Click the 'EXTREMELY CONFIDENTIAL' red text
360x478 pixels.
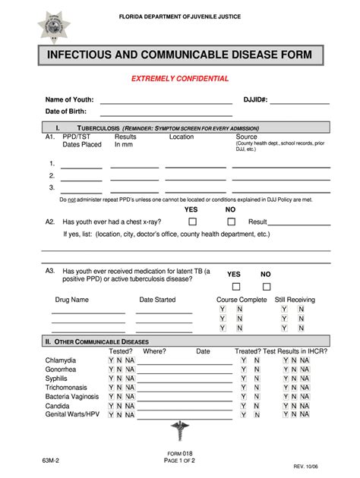pyautogui.click(x=180, y=79)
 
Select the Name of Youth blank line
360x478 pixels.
pyautogui.click(x=166, y=102)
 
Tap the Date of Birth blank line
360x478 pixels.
pyautogui.click(x=166, y=113)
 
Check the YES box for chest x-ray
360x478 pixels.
pyautogui.click(x=192, y=222)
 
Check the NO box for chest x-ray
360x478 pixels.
pyautogui.click(x=231, y=222)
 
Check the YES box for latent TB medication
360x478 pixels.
pyautogui.click(x=235, y=287)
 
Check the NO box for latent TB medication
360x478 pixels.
pyautogui.click(x=266, y=287)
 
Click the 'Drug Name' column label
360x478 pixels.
pyautogui.click(x=71, y=300)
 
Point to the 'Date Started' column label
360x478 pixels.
pyautogui.click(x=157, y=300)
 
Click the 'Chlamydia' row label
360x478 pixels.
pyautogui.click(x=60, y=360)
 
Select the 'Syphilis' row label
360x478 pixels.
pyautogui.click(x=55, y=378)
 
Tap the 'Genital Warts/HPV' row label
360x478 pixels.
pyautogui.click(x=72, y=414)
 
